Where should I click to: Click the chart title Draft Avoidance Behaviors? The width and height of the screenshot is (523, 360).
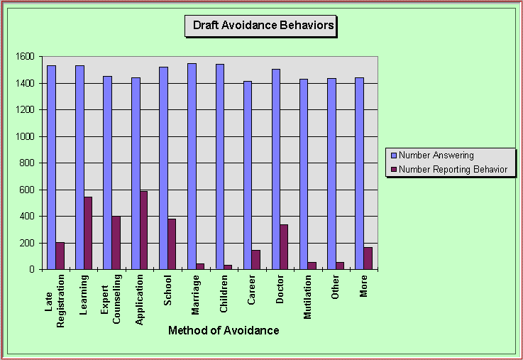click(x=263, y=26)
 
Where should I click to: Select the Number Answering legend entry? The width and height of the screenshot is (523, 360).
click(x=436, y=155)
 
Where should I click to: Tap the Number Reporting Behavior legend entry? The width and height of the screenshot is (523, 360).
click(x=453, y=169)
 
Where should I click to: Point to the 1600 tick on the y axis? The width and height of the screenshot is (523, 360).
click(x=24, y=57)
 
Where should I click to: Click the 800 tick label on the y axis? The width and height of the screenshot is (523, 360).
click(x=27, y=163)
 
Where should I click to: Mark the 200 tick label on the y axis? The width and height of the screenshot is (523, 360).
click(x=27, y=243)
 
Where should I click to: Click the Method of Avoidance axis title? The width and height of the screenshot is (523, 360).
click(x=224, y=330)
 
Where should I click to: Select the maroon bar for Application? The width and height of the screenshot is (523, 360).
click(x=144, y=230)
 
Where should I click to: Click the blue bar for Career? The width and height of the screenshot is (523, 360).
click(x=248, y=175)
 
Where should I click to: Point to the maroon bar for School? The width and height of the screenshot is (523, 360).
click(x=172, y=244)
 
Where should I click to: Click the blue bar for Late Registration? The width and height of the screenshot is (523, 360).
click(x=51, y=168)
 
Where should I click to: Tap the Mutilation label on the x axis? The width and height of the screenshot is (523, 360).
click(x=308, y=299)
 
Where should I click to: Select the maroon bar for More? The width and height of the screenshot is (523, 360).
click(x=368, y=258)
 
